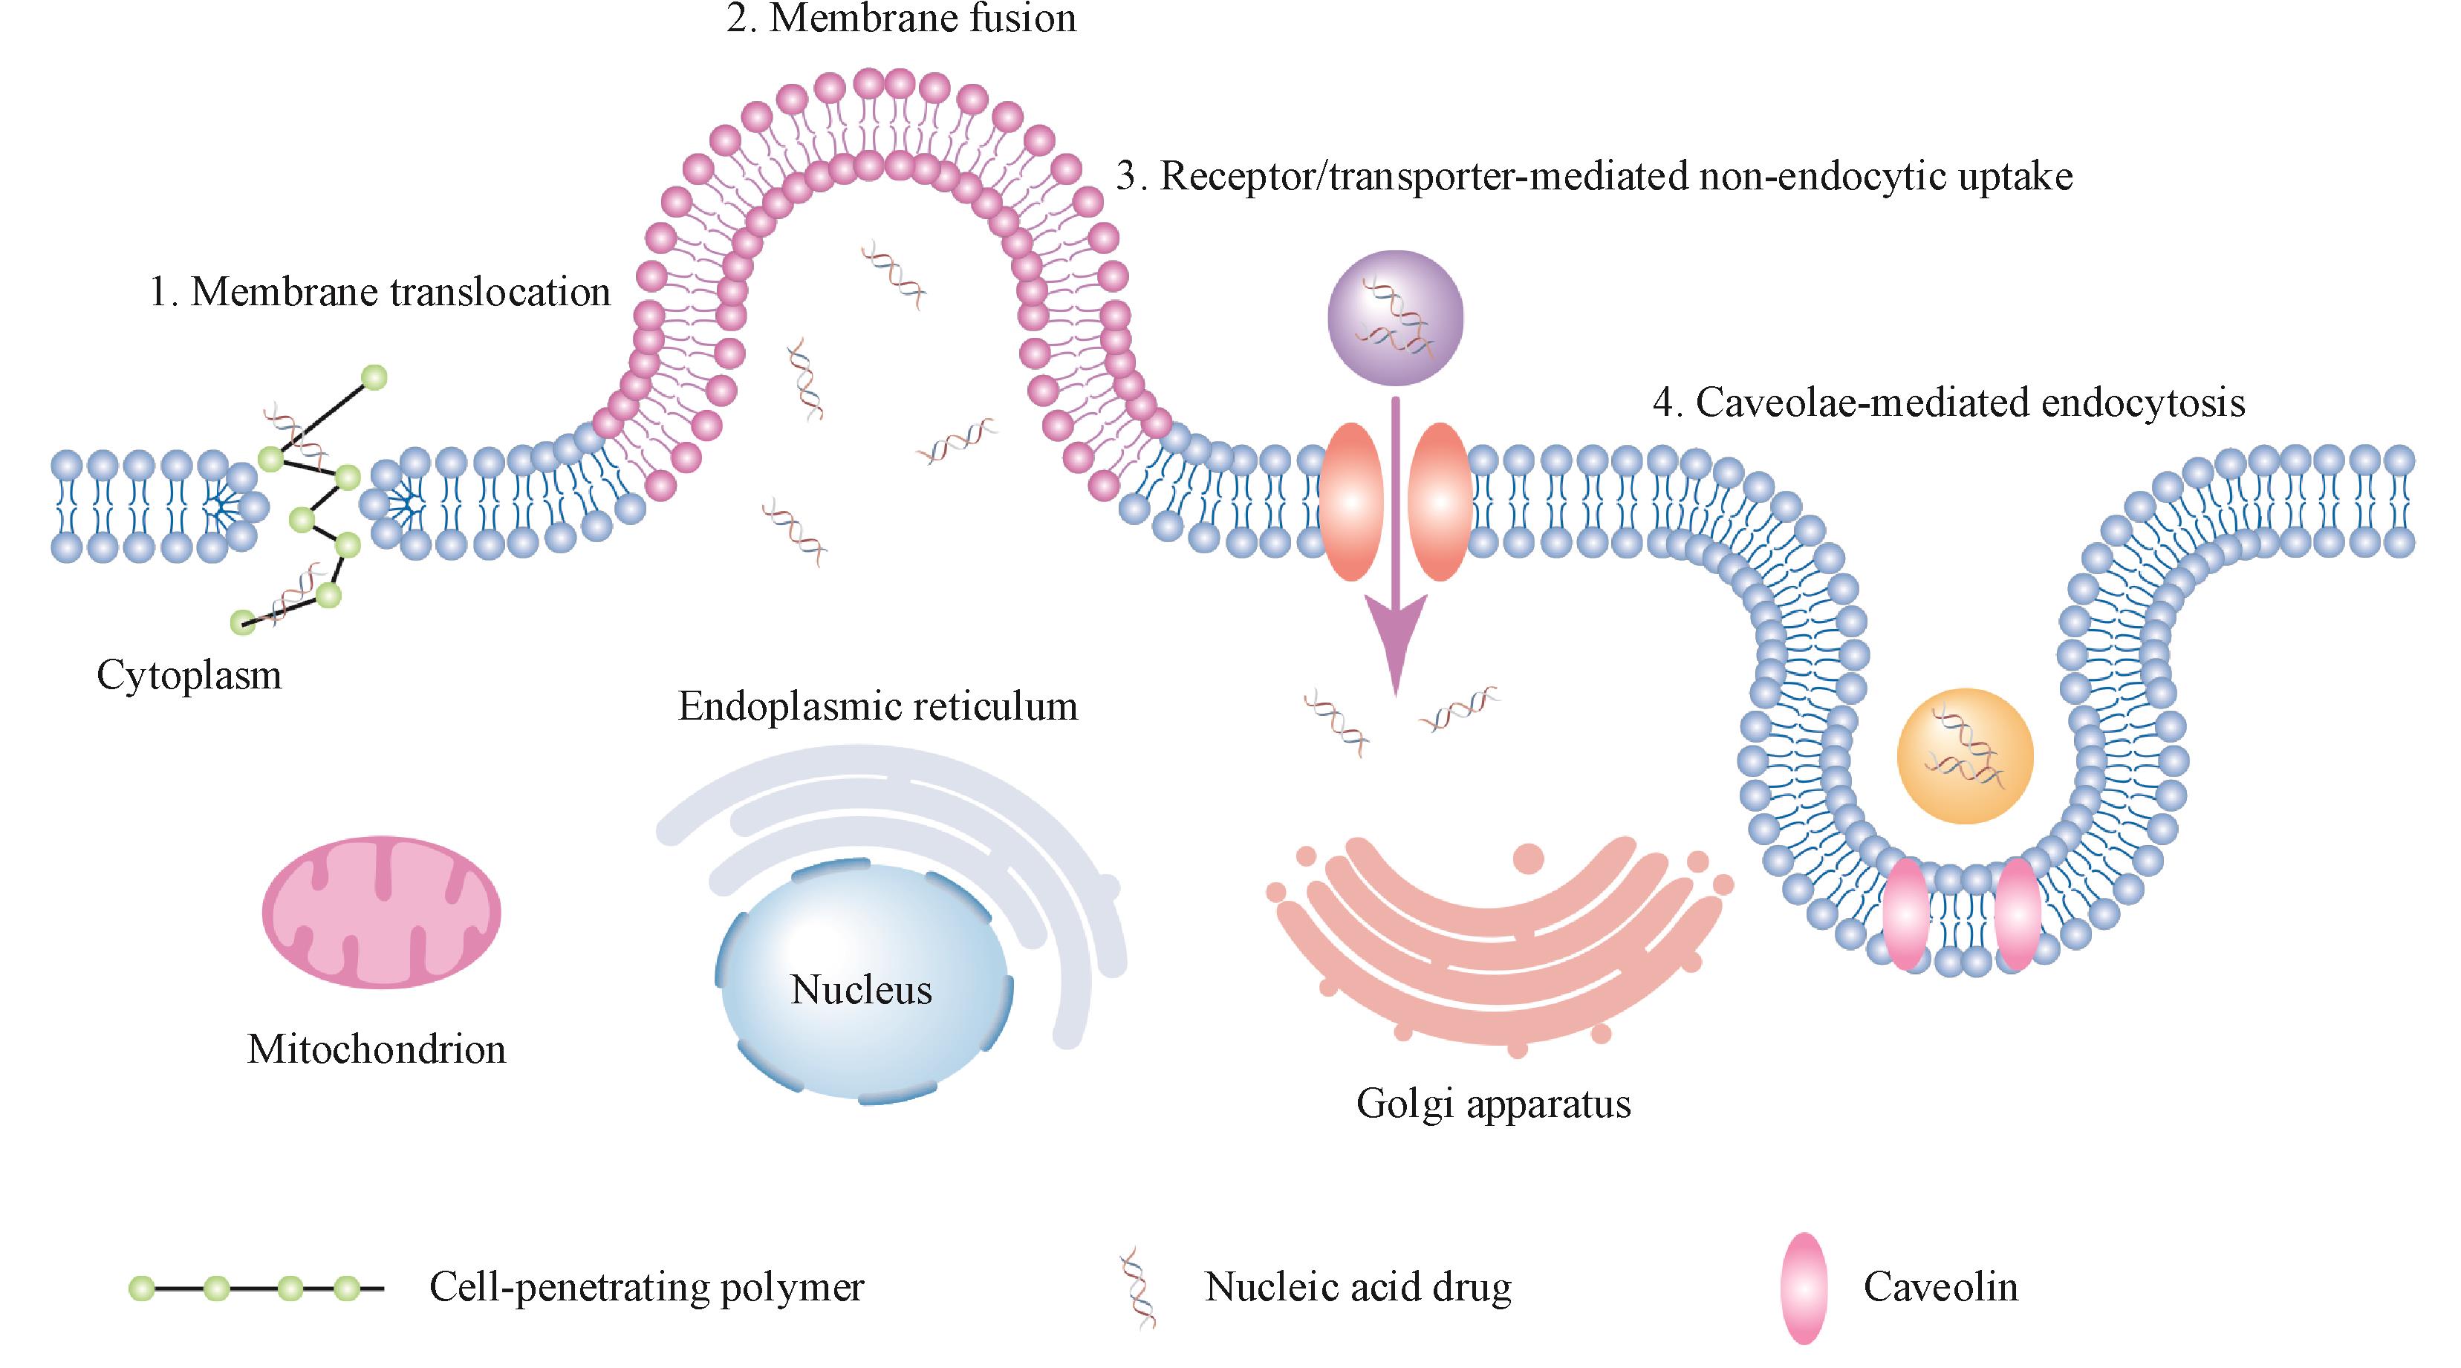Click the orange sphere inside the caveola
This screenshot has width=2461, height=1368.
(x=1964, y=755)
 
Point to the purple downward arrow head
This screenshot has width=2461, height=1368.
(x=1395, y=640)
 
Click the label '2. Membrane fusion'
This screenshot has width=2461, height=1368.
(x=901, y=19)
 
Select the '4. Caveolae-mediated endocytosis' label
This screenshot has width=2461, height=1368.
(x=1949, y=403)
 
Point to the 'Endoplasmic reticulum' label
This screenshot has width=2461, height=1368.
(x=877, y=707)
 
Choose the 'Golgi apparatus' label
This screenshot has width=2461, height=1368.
(x=1493, y=1104)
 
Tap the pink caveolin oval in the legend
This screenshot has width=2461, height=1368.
(x=1803, y=1288)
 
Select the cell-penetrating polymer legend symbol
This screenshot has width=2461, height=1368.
(x=256, y=1289)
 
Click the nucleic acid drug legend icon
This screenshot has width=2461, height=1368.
(x=1139, y=1288)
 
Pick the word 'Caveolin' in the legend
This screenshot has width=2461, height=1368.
(x=1940, y=1288)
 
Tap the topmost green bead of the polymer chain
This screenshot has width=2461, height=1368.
(x=374, y=378)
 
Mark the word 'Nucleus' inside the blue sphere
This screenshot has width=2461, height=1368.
(x=861, y=991)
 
